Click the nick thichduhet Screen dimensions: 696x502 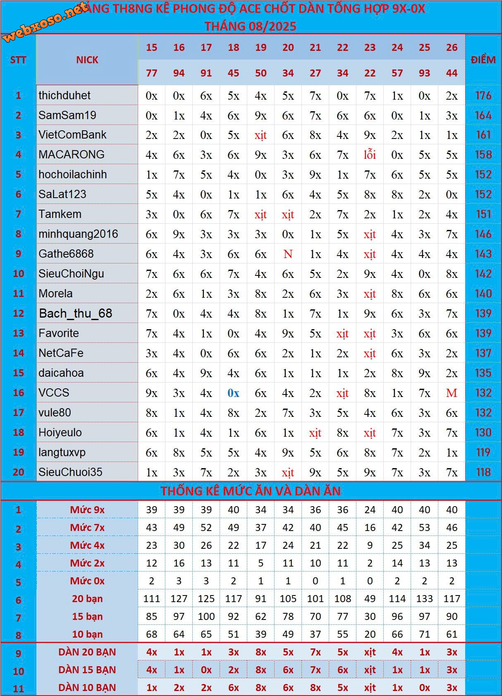(x=65, y=96)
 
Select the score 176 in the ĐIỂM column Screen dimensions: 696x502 (x=483, y=96)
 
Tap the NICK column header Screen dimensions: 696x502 (x=87, y=60)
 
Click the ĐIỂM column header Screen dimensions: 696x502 (x=483, y=60)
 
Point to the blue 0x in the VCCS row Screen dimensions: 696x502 (x=233, y=393)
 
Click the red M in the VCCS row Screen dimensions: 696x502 (x=452, y=393)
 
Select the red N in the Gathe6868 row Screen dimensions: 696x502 (x=288, y=254)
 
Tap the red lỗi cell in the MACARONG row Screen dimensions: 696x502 (x=370, y=155)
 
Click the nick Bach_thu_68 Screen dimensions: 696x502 (x=76, y=313)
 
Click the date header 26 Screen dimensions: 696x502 (x=452, y=48)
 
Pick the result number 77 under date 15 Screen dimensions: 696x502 (x=151, y=73)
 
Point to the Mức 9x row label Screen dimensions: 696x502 (x=87, y=510)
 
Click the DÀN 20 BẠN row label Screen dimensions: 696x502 (x=87, y=652)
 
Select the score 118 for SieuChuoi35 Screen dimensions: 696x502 (x=483, y=472)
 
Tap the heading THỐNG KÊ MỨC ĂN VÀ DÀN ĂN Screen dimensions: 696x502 (x=251, y=491)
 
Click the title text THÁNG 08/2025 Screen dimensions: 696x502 (x=251, y=26)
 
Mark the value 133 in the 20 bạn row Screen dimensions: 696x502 (x=424, y=599)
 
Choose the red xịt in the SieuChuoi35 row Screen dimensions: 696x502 (x=288, y=472)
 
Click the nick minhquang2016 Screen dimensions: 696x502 (x=78, y=234)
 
